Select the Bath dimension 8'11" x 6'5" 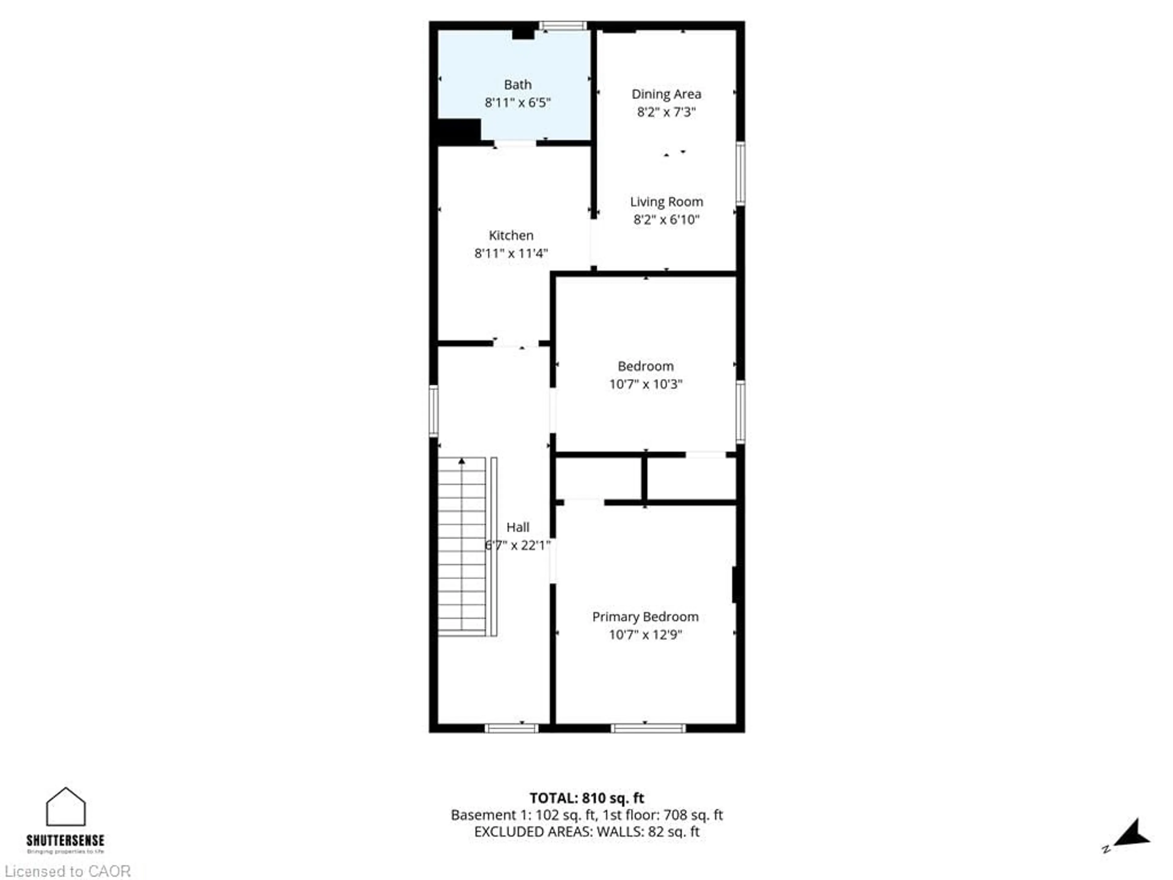517,102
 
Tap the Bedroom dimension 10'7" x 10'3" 645,384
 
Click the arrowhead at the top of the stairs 462,461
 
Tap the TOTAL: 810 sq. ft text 586,798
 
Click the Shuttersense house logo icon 66,807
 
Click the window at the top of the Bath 563,25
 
